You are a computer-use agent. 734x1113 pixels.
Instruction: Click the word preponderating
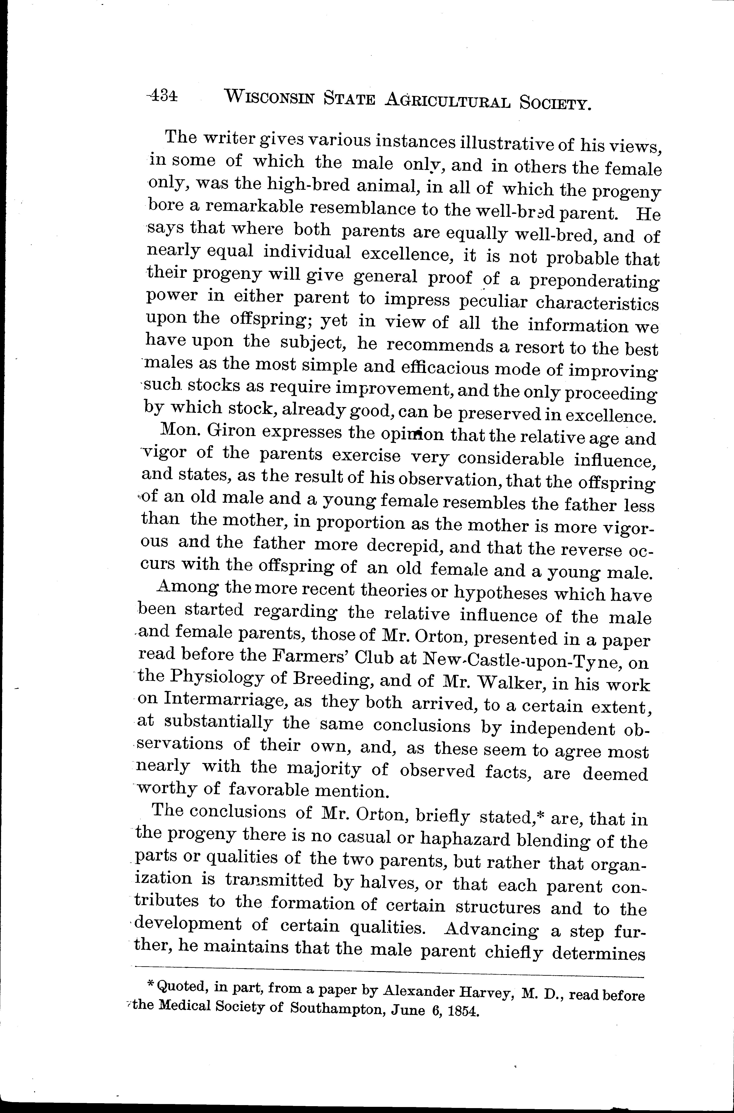[x=594, y=282]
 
